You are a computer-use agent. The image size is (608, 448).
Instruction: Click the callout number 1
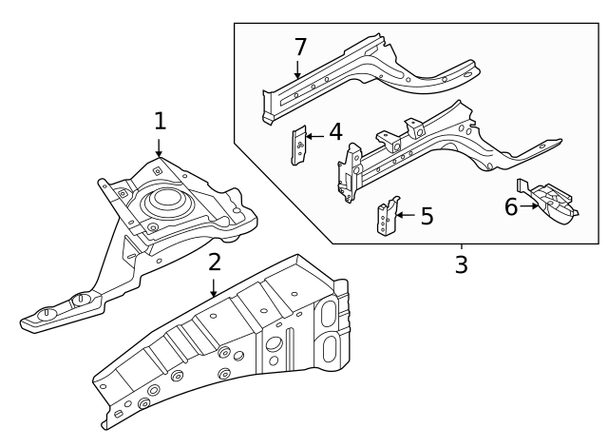coord(160,121)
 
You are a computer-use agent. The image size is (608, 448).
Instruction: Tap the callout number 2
coord(215,262)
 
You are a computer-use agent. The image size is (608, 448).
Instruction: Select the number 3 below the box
coord(461,263)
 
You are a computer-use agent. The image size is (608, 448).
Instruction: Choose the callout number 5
coord(427,216)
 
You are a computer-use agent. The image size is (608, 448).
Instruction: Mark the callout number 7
coord(300,46)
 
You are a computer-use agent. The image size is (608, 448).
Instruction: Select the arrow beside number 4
coord(315,136)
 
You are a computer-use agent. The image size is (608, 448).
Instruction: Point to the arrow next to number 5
coord(406,216)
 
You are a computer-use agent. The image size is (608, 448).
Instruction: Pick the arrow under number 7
coord(298,69)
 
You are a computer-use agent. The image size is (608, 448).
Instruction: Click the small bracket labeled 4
coord(298,145)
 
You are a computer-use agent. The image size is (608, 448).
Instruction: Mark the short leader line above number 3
coord(461,246)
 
